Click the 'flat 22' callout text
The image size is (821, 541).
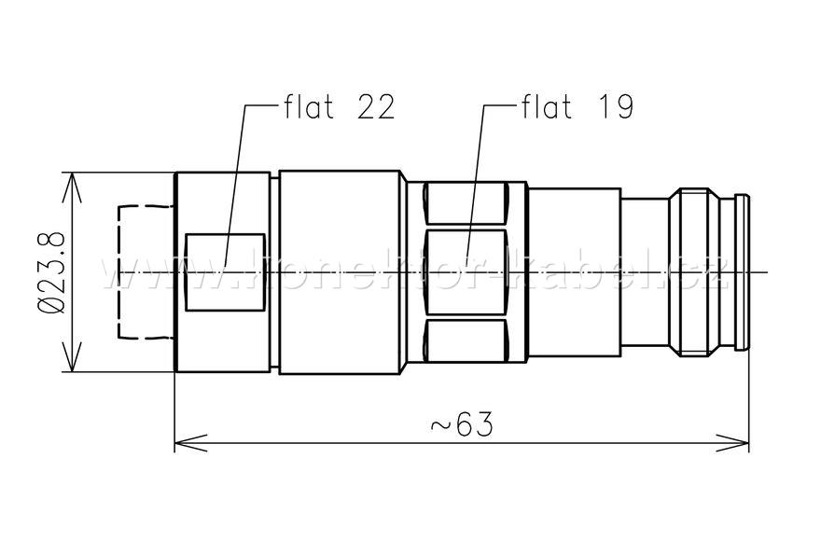(x=339, y=107)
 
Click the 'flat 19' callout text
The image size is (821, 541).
(x=577, y=107)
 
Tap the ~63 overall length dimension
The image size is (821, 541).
(x=461, y=424)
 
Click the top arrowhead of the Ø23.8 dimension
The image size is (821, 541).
(x=73, y=182)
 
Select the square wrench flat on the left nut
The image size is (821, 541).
(x=225, y=271)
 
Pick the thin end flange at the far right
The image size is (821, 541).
(x=742, y=272)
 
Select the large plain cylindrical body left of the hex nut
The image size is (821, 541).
(x=341, y=272)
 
